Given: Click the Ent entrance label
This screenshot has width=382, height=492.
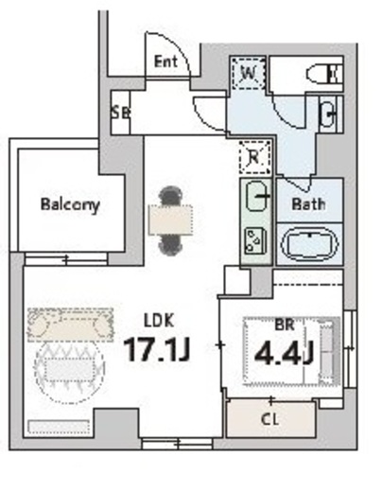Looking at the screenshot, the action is (x=165, y=61).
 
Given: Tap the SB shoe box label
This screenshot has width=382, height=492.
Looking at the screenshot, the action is (x=121, y=113).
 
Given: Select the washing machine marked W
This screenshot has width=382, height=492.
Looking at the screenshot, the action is (x=248, y=74).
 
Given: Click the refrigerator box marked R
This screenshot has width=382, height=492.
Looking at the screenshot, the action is (x=255, y=157).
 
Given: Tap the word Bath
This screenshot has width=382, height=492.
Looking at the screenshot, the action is (x=308, y=204).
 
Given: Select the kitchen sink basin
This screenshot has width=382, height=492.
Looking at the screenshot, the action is (x=257, y=196).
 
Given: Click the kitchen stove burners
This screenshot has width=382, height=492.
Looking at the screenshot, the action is (x=255, y=240).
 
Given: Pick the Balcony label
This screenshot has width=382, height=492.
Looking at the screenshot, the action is (x=70, y=205).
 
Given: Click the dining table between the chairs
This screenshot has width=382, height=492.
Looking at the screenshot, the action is (x=170, y=220).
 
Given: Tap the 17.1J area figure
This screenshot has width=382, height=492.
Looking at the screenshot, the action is (x=157, y=349).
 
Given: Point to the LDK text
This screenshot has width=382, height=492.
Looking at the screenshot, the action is (x=159, y=321).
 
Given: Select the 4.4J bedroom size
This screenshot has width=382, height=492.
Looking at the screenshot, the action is (x=284, y=353).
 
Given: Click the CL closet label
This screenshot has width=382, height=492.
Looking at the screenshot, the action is (x=270, y=419).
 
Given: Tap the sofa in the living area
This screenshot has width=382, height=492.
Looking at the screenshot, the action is (x=70, y=325).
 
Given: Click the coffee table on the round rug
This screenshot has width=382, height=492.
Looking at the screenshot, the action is (x=70, y=369).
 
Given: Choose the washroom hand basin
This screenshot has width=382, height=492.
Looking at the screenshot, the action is (x=328, y=114).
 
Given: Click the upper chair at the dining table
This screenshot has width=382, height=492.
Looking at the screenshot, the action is (x=170, y=196).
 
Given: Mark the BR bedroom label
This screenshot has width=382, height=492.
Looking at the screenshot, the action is (x=285, y=325).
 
